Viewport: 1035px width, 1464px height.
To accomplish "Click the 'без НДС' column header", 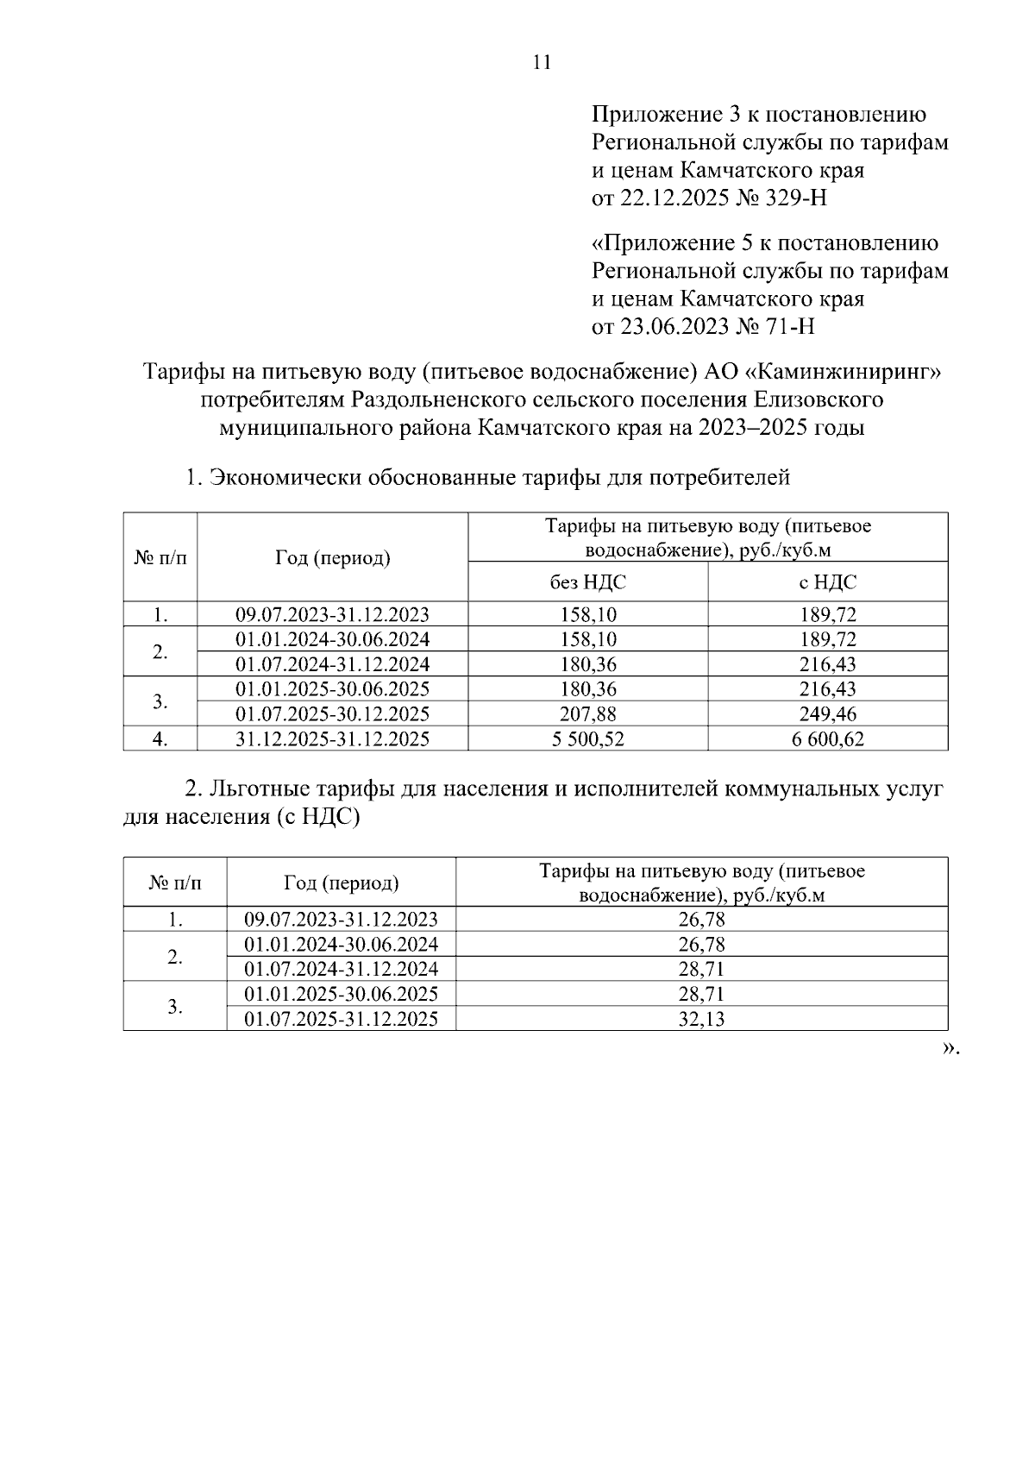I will point(587,582).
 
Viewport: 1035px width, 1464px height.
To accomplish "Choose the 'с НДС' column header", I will point(827,582).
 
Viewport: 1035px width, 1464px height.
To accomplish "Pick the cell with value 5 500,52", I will point(587,739).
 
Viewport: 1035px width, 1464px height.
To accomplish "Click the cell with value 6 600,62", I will point(827,739).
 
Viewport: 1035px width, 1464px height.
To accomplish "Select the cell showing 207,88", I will point(587,714).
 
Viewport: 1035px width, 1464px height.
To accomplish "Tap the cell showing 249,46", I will point(827,714).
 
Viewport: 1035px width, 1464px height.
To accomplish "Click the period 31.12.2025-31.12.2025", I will point(332,739).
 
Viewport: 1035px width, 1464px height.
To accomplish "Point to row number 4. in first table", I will point(160,739).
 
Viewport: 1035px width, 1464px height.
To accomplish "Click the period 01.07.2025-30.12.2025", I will point(332,714).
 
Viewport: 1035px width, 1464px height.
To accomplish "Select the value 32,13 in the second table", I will point(701,1020).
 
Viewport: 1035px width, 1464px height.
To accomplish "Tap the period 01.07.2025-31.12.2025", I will point(341,1019).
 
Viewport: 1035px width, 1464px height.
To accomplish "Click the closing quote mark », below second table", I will point(950,1049).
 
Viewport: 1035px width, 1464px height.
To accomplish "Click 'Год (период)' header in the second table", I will point(341,883).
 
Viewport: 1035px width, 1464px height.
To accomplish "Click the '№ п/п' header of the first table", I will point(160,558).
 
